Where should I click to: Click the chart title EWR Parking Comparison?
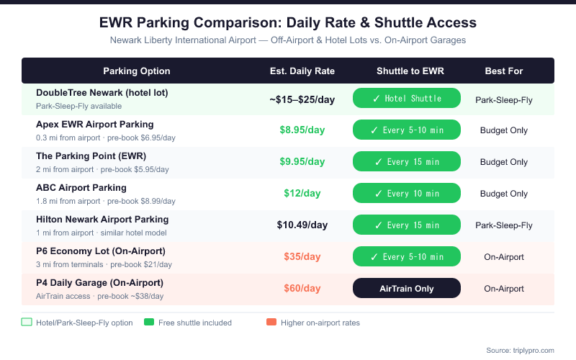click(x=287, y=22)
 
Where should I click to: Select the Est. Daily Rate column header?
click(x=302, y=71)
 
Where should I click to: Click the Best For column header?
click(x=504, y=71)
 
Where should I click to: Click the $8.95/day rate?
click(x=302, y=130)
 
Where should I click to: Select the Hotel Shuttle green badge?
click(x=406, y=99)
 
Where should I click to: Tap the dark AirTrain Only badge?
click(x=406, y=288)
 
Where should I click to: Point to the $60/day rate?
click(x=302, y=288)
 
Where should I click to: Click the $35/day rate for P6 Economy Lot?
click(x=302, y=257)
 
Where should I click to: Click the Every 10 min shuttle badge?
click(x=406, y=194)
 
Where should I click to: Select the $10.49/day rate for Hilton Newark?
click(x=302, y=225)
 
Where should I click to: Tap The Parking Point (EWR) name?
click(x=91, y=156)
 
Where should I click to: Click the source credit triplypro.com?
click(x=520, y=350)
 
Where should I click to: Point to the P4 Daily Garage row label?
click(x=99, y=283)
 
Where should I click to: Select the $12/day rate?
click(x=302, y=194)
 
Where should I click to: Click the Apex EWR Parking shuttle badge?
click(x=406, y=130)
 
